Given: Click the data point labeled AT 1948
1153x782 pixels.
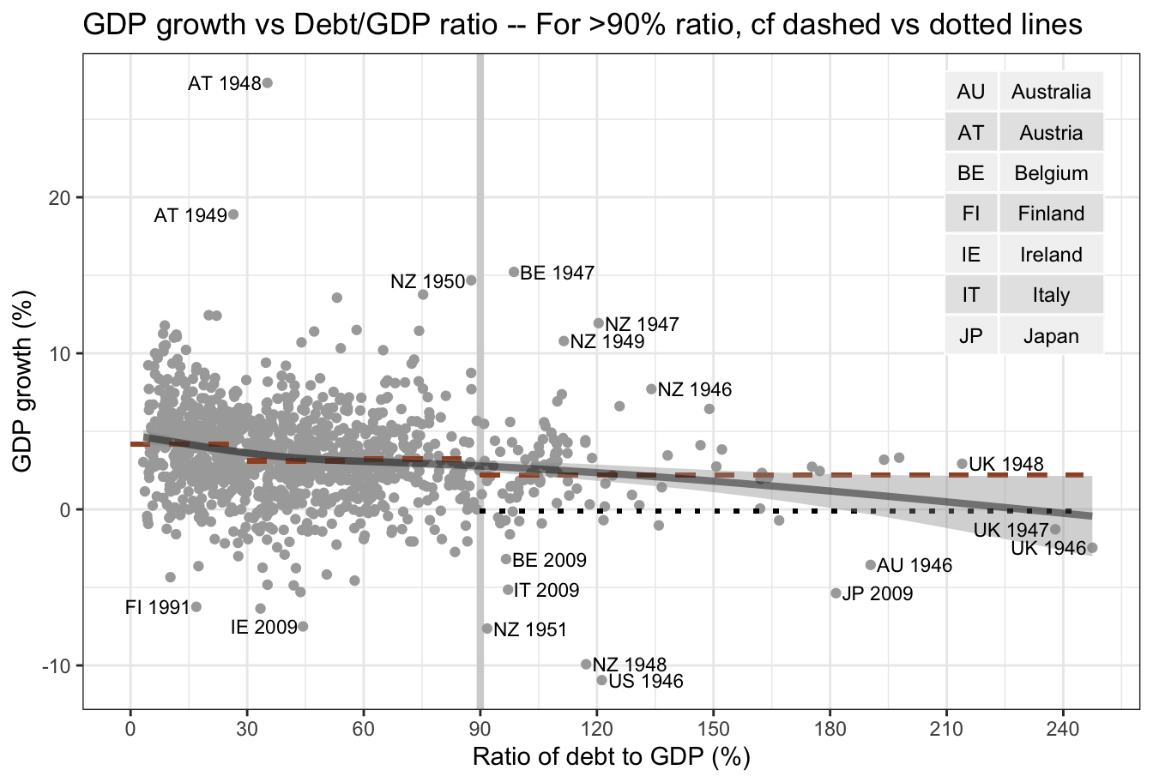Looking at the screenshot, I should (x=267, y=83).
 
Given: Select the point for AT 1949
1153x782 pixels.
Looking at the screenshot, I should (x=233, y=214).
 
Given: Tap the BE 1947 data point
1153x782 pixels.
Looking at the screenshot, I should (x=515, y=272).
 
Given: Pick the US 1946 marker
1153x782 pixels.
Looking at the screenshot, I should (x=601, y=680).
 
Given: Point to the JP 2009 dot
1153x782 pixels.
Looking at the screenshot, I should (x=836, y=593).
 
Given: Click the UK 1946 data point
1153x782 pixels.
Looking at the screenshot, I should (x=1092, y=548).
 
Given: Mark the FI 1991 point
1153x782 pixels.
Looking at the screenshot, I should (x=196, y=607).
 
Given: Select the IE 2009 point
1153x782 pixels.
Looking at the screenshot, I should (x=303, y=626).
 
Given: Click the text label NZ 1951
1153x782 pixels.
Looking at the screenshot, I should (x=530, y=630).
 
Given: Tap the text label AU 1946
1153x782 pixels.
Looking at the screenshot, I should (x=915, y=566).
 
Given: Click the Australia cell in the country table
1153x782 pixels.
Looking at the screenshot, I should (x=1051, y=92).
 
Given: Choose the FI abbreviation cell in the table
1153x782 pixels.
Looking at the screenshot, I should (x=971, y=214).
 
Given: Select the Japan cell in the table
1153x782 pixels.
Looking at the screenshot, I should (x=1051, y=336).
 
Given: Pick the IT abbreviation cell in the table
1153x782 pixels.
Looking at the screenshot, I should (x=971, y=295).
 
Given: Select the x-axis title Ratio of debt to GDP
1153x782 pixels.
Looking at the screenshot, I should (x=611, y=758).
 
